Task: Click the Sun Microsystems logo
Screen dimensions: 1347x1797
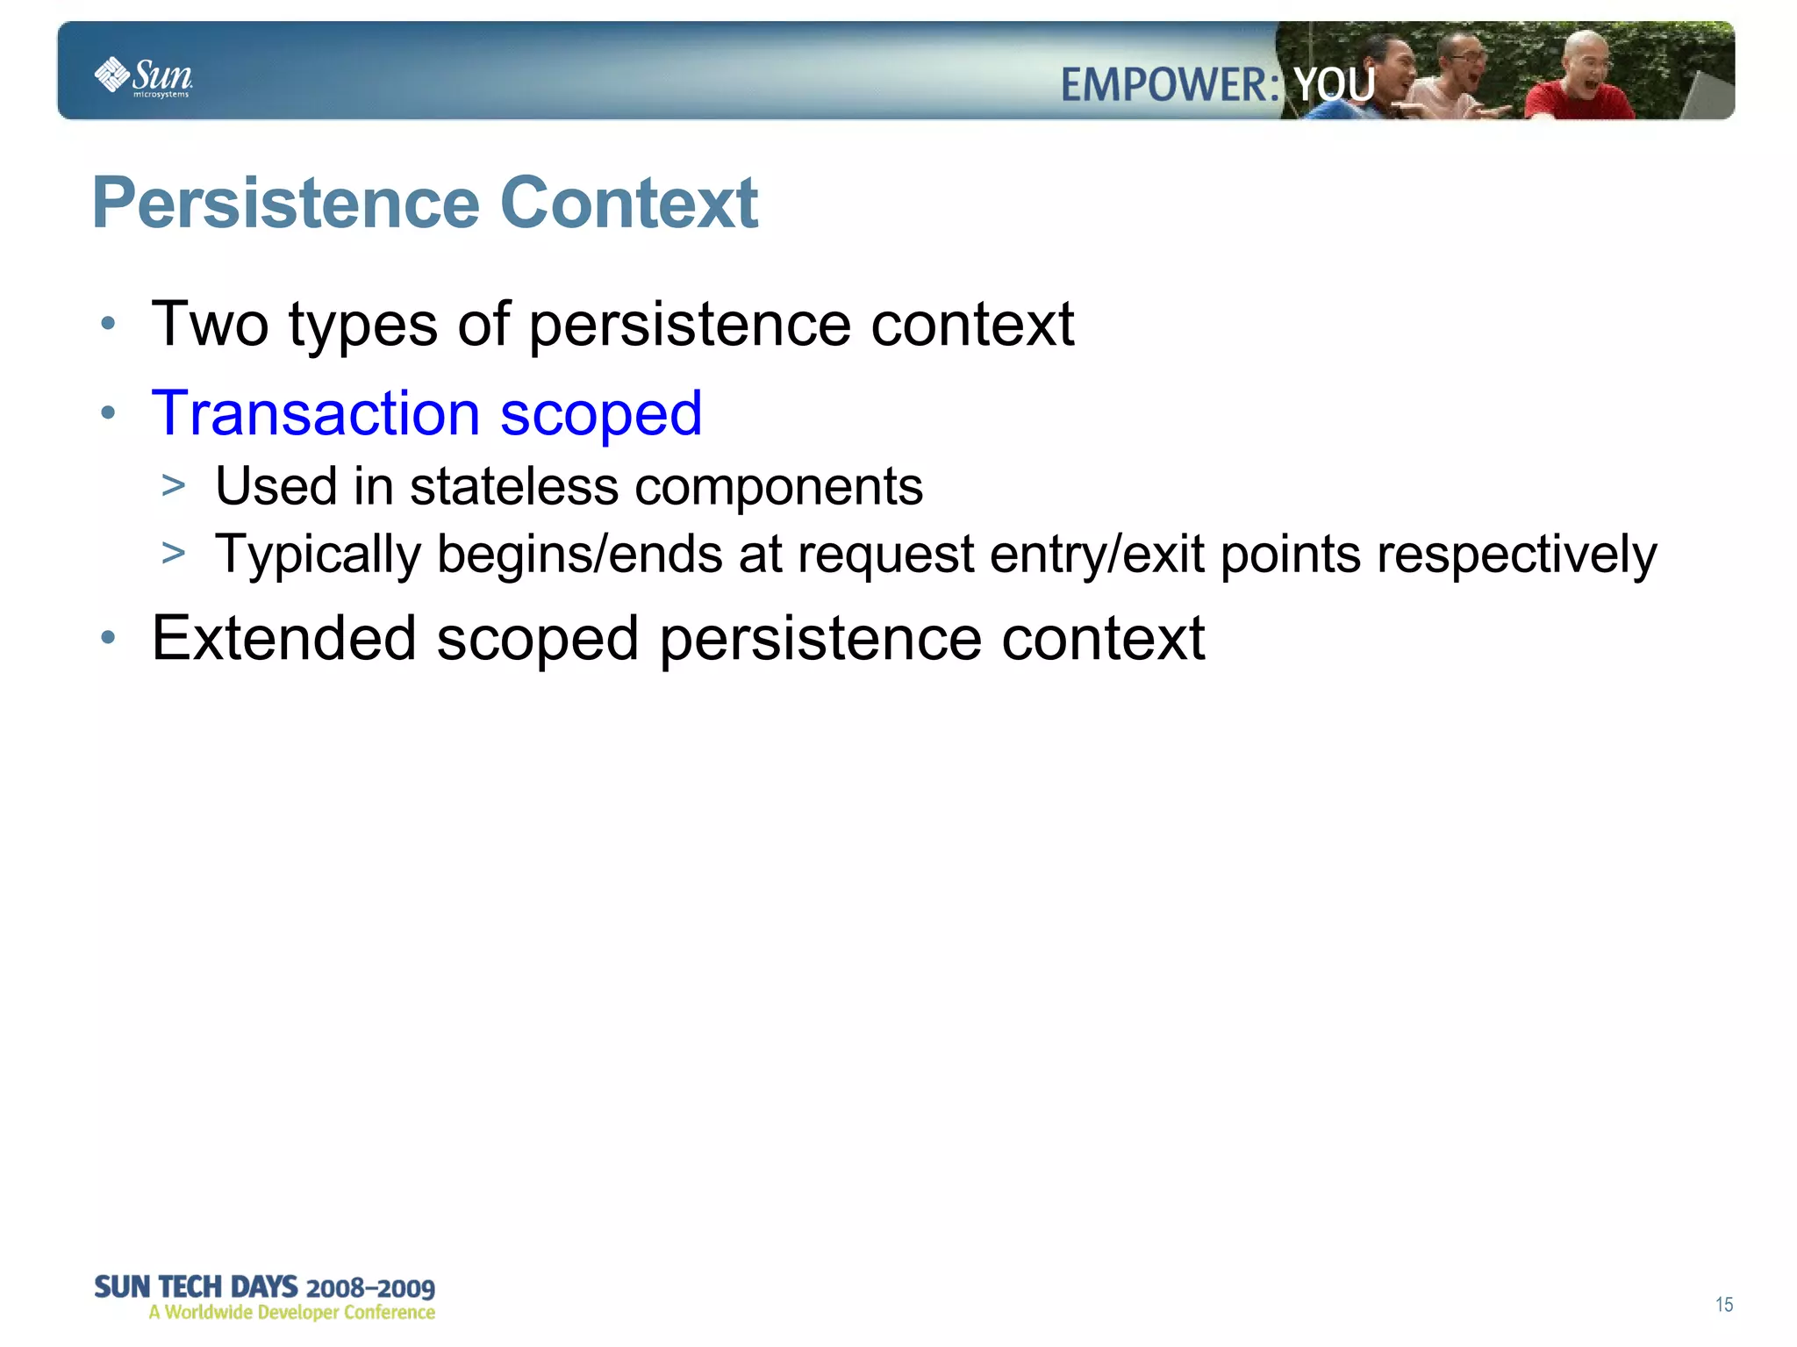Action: pyautogui.click(x=142, y=77)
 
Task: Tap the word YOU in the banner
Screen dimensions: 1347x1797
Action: pyautogui.click(x=1334, y=86)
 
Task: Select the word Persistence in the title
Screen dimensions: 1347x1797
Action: pyautogui.click(x=286, y=204)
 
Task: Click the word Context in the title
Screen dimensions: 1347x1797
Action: pyautogui.click(x=628, y=204)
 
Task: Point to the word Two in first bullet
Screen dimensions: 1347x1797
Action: pyautogui.click(x=210, y=325)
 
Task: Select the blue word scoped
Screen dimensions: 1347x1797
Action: pyautogui.click(x=601, y=415)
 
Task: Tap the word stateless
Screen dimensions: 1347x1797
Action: pyautogui.click(x=513, y=486)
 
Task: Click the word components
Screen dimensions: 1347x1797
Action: pyautogui.click(x=778, y=488)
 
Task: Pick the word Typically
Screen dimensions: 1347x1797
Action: pyautogui.click(x=318, y=555)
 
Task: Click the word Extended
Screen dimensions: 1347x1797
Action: pyautogui.click(x=283, y=638)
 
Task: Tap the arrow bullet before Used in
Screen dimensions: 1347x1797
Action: pyautogui.click(x=174, y=485)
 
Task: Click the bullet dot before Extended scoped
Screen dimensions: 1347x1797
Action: pyautogui.click(x=108, y=638)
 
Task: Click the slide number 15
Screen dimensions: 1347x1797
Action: pyautogui.click(x=1723, y=1305)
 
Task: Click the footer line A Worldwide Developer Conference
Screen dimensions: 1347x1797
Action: pyautogui.click(x=291, y=1313)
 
